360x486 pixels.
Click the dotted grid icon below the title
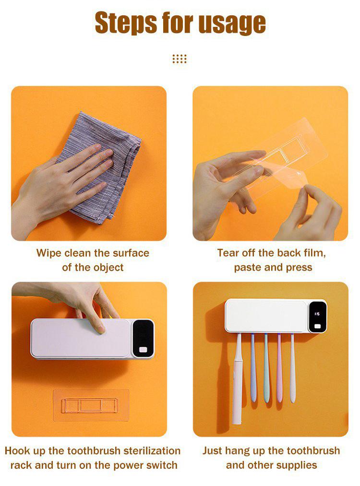180,59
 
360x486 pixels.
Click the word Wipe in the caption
49,253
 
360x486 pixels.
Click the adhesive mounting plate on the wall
91,405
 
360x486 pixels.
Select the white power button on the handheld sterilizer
143,350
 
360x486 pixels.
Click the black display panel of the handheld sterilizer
143,339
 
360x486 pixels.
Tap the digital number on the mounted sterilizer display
317,314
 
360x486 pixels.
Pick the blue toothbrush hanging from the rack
253,368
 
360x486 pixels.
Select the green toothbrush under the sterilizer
266,368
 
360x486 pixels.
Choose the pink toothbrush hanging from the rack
279,368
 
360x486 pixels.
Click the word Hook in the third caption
17,450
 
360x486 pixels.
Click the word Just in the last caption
213,450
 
